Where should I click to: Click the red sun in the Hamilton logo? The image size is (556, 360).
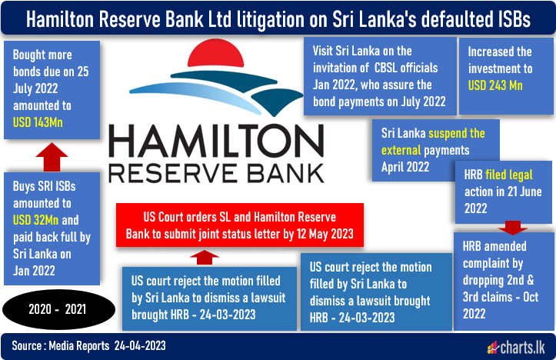pos(215,53)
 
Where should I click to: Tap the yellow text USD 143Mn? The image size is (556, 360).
pos(38,123)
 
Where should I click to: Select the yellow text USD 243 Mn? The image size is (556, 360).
pos(495,85)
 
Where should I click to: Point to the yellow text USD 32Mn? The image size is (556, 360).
pos(35,220)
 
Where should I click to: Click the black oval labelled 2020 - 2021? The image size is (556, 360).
pos(59,309)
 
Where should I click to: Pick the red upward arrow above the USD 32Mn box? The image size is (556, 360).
pos(52,157)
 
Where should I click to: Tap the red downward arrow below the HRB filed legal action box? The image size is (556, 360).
pos(513,228)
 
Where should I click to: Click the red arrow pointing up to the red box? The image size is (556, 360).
pos(205,257)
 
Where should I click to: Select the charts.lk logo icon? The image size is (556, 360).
pos(492,348)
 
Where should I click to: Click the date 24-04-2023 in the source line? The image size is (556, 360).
pos(140,346)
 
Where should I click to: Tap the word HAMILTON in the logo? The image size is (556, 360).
pos(216,141)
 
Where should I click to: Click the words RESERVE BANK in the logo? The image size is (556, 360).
pos(216,173)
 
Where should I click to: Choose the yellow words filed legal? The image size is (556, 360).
pos(509,175)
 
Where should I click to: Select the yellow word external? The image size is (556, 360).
pos(401,150)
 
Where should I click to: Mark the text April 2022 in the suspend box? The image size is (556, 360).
pos(405,167)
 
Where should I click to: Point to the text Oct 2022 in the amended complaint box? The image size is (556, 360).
pos(501,305)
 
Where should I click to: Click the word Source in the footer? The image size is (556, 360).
pos(27,346)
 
